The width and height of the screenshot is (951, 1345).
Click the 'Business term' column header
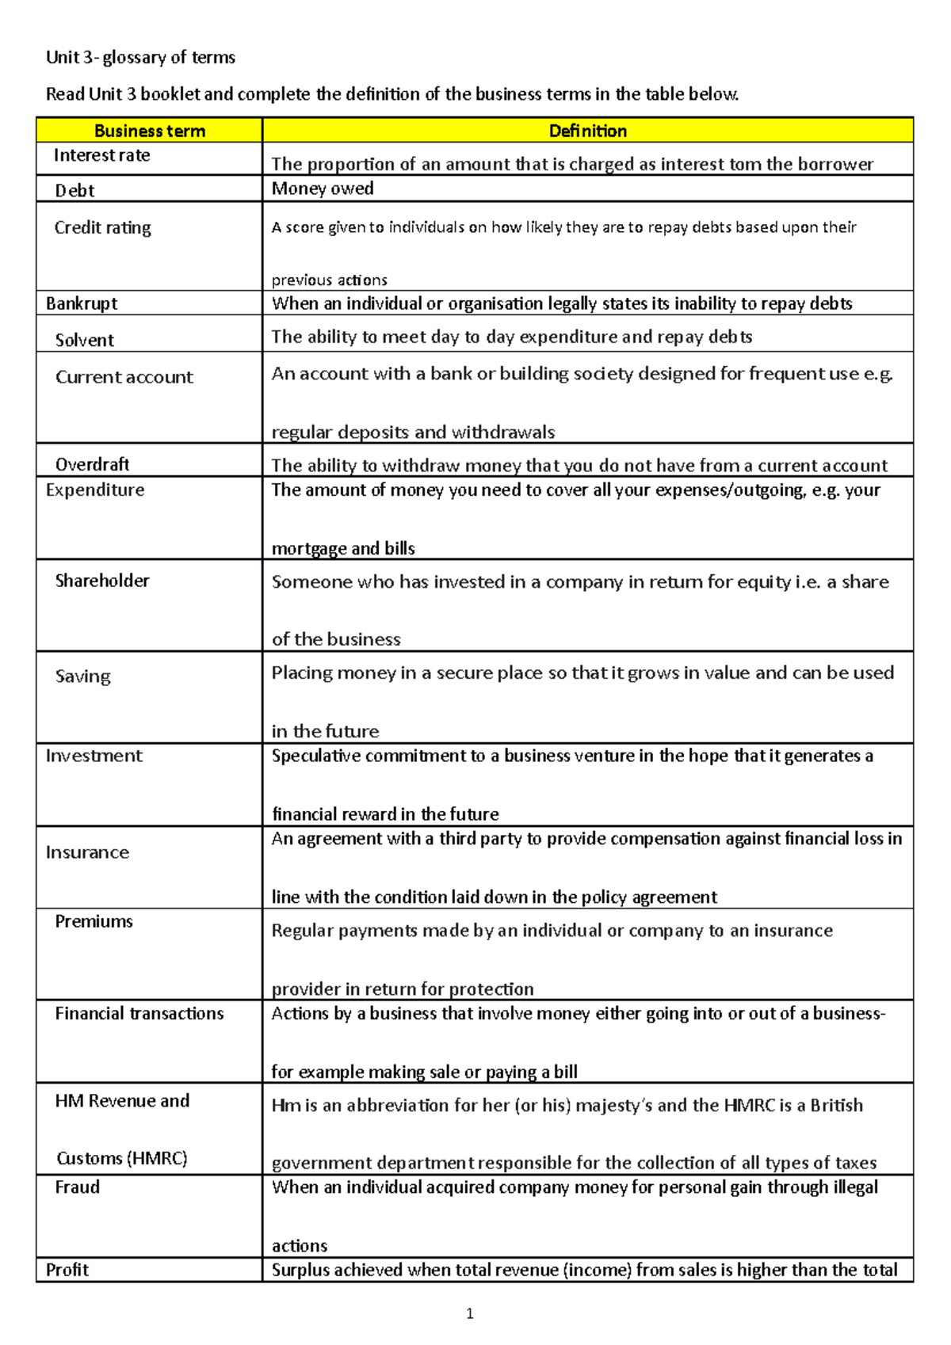[149, 131]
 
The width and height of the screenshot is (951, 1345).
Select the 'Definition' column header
[587, 131]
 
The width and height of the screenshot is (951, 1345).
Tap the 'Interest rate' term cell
[101, 155]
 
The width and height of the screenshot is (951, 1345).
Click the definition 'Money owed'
[323, 189]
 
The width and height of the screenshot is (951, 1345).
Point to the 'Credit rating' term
[102, 228]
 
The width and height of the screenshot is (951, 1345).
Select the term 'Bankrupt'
[82, 303]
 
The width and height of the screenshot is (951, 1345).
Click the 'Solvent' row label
[85, 340]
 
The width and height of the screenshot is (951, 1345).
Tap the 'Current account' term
[124, 377]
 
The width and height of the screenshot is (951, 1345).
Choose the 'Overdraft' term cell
[92, 464]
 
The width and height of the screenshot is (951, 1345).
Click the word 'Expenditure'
[95, 490]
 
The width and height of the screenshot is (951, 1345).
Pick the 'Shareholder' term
[101, 581]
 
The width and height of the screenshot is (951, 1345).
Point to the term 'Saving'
[82, 676]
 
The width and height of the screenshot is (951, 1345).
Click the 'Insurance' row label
[87, 852]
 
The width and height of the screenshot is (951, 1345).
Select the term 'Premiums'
[94, 921]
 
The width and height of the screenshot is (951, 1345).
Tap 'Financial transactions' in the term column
[139, 1013]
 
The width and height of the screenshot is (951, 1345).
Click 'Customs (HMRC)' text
[121, 1158]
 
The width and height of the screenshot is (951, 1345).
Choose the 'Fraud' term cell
[77, 1187]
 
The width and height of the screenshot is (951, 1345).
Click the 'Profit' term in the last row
[67, 1270]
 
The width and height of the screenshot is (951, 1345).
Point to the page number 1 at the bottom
[470, 1313]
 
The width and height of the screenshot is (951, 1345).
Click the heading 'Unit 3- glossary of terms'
[140, 57]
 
